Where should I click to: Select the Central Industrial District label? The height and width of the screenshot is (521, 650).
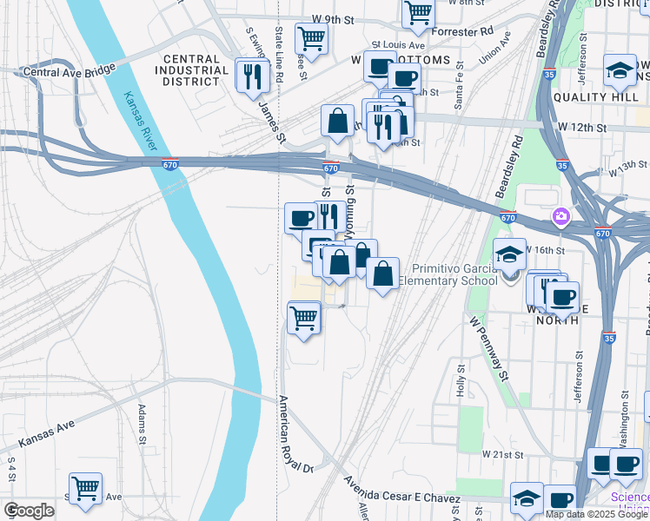tap(190, 70)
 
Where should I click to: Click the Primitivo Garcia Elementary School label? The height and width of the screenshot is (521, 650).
tap(454, 274)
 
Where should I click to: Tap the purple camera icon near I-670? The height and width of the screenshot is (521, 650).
tap(561, 214)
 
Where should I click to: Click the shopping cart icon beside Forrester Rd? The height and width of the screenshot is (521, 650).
tap(418, 13)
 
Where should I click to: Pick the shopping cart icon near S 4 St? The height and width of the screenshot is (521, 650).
tap(85, 489)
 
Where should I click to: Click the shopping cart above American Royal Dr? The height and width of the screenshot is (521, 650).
tap(303, 318)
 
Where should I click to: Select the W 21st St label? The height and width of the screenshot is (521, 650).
tap(505, 454)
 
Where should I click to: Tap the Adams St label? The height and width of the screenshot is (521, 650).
tap(142, 425)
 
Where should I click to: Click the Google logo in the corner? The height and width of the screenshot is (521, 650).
tap(29, 511)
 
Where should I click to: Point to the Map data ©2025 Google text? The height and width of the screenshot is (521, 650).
tap(596, 514)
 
